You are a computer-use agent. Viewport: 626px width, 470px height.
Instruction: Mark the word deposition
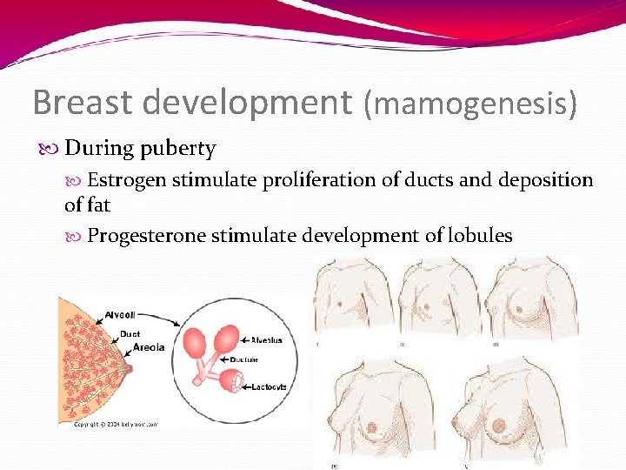pyautogui.click(x=545, y=180)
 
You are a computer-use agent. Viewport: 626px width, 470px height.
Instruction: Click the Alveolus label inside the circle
pyautogui.click(x=270, y=341)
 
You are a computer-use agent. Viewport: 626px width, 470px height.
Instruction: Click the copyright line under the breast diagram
pyautogui.click(x=117, y=425)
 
